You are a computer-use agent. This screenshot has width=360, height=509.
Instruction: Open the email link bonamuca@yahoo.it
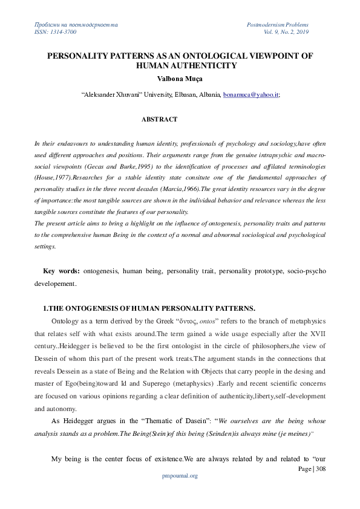pyautogui.click(x=250, y=95)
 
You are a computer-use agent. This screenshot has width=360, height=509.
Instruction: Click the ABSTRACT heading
pyautogui.click(x=159, y=119)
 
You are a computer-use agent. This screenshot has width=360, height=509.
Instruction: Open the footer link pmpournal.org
pyautogui.click(x=180, y=476)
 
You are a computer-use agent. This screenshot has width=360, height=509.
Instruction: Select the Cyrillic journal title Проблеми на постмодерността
pyautogui.click(x=76, y=24)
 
